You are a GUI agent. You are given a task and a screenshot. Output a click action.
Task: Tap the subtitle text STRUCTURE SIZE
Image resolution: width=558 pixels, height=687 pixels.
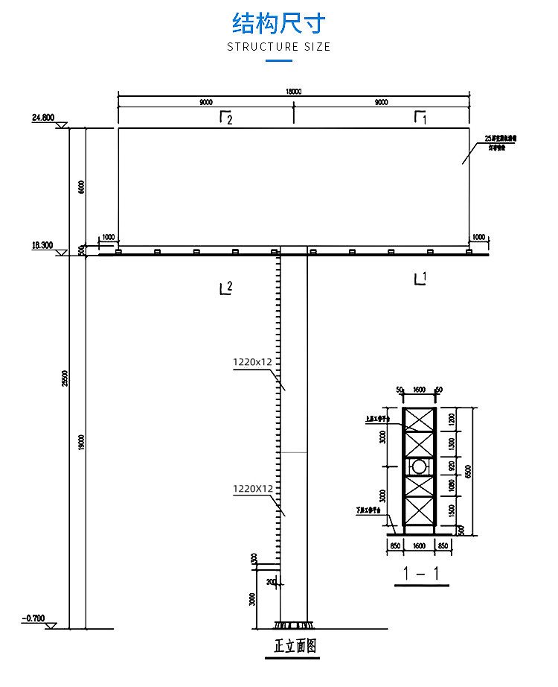[278, 46]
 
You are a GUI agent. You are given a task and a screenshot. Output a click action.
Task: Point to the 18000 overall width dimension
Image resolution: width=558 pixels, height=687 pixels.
[294, 91]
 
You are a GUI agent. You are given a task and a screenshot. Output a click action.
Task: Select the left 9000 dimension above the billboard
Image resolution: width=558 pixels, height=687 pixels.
[205, 103]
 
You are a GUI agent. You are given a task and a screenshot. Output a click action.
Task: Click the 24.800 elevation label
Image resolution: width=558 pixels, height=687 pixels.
[43, 118]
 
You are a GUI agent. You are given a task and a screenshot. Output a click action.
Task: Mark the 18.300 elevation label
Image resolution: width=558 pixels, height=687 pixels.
[42, 245]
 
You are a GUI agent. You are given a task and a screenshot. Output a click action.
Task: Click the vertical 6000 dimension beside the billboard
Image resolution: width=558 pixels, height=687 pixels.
[81, 187]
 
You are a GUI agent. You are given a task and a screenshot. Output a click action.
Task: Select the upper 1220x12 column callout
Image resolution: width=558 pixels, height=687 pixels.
[254, 362]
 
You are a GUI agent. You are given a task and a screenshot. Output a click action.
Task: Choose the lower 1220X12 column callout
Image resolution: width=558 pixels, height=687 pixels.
[254, 489]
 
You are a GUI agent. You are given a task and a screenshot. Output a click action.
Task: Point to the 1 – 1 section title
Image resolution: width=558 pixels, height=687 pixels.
[421, 574]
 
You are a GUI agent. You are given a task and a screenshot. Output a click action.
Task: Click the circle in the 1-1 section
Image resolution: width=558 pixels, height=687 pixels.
[420, 467]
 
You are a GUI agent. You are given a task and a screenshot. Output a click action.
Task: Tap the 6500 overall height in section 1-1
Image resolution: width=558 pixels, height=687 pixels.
[468, 471]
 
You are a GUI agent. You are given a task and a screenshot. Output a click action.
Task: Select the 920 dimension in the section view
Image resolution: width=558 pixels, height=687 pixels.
[452, 467]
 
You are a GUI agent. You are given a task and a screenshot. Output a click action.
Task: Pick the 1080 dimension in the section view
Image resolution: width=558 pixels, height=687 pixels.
[452, 487]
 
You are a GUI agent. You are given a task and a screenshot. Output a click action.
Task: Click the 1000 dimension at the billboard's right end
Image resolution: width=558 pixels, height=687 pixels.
[478, 237]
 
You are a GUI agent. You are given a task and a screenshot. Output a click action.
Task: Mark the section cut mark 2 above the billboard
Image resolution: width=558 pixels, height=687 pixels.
[225, 118]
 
